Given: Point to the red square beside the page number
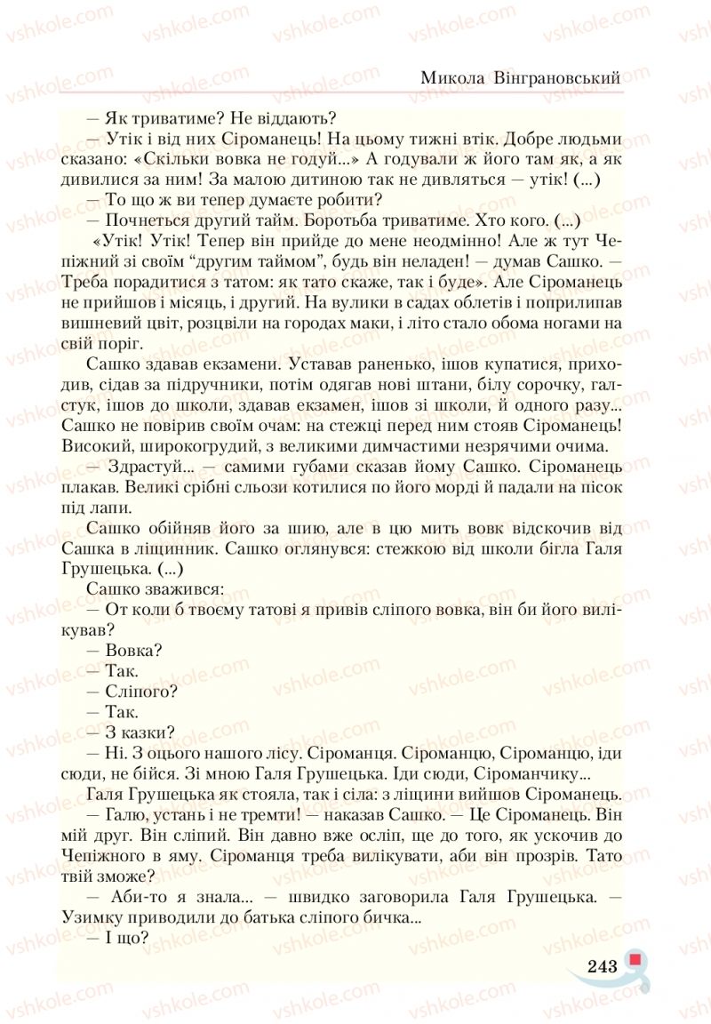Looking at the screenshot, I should click(635, 958).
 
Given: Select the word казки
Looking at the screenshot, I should click(150, 732).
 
